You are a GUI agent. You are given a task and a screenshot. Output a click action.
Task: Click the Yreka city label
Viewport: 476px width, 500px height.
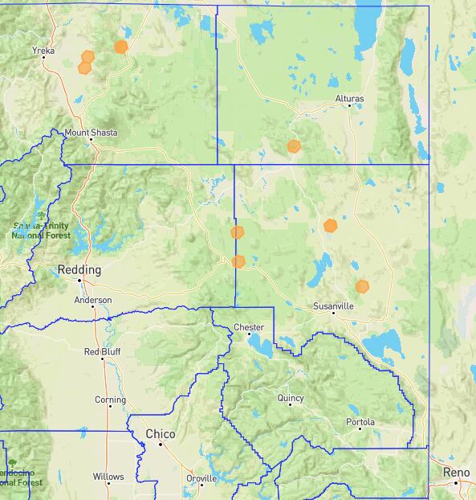[x=43, y=51]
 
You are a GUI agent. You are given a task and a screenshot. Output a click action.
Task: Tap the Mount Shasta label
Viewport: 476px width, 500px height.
[x=91, y=132]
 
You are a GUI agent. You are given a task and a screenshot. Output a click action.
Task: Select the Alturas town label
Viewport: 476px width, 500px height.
[x=349, y=99]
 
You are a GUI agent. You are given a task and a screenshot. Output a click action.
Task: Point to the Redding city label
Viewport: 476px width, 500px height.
[x=79, y=270]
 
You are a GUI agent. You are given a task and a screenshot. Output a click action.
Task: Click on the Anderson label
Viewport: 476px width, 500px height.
[x=93, y=301]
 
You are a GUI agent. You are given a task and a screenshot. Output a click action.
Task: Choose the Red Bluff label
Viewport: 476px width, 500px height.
[x=102, y=351]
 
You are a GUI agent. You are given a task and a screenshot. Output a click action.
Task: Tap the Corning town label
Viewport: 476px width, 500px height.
[x=110, y=400]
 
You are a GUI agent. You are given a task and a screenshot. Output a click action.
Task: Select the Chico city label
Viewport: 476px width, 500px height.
[x=160, y=434]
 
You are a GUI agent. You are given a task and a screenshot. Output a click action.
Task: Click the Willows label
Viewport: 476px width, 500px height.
[x=108, y=477]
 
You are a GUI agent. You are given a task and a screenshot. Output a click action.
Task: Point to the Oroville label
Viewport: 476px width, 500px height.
[x=201, y=478]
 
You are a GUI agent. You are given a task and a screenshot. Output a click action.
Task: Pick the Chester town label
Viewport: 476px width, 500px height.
[x=248, y=327]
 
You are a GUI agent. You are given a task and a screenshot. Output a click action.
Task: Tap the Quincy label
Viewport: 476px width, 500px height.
[x=291, y=398]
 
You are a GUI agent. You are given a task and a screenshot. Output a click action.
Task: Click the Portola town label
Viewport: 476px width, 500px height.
[x=360, y=422]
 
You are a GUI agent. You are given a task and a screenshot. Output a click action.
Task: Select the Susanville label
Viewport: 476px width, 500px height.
[x=334, y=306]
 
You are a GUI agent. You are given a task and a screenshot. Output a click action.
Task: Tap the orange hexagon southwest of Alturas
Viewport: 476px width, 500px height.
[x=294, y=146]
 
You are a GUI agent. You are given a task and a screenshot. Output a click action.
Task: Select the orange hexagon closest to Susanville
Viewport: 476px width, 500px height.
[x=362, y=286]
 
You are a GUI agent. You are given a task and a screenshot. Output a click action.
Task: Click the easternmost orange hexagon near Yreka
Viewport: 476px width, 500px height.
[x=120, y=47]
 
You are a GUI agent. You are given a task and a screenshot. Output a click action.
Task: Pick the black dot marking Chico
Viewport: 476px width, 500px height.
[x=161, y=444]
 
